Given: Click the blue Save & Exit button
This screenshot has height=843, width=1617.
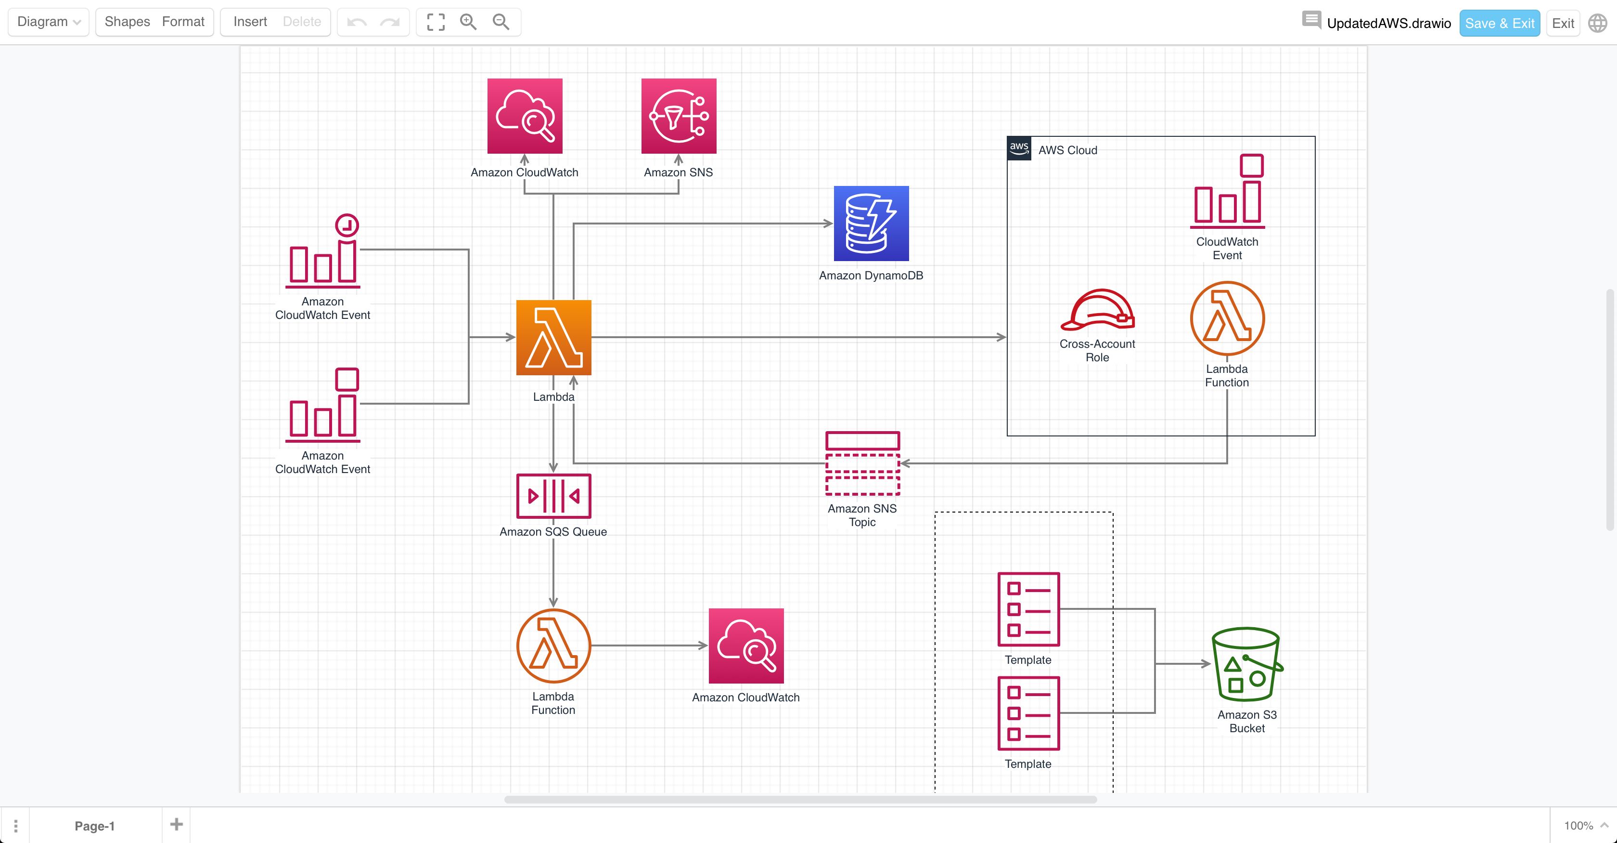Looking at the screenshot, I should (1499, 23).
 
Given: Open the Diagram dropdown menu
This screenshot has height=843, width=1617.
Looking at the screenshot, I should (48, 22).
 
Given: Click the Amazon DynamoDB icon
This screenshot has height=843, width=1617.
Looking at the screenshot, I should (871, 223).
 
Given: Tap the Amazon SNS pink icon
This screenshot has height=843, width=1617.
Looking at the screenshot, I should (678, 116).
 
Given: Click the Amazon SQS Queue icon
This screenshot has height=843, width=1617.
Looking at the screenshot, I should (553, 496).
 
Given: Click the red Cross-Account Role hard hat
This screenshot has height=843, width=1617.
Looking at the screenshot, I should (1097, 310).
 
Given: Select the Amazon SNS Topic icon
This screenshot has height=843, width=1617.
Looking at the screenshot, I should (862, 463).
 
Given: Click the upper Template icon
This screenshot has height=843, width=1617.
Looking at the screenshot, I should (1028, 609).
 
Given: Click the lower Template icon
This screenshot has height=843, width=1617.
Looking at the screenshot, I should (1028, 713).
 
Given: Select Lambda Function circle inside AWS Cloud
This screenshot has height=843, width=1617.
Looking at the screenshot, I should (1227, 318).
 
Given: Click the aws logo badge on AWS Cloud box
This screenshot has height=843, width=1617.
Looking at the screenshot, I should (1019, 148).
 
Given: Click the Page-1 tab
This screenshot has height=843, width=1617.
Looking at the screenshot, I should (94, 825).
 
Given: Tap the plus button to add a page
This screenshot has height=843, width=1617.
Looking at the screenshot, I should (177, 824).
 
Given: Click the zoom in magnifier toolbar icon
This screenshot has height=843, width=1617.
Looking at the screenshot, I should (468, 22).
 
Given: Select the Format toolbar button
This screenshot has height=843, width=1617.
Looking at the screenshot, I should (183, 22).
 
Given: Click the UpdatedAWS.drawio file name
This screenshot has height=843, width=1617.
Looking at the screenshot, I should (1388, 23).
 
